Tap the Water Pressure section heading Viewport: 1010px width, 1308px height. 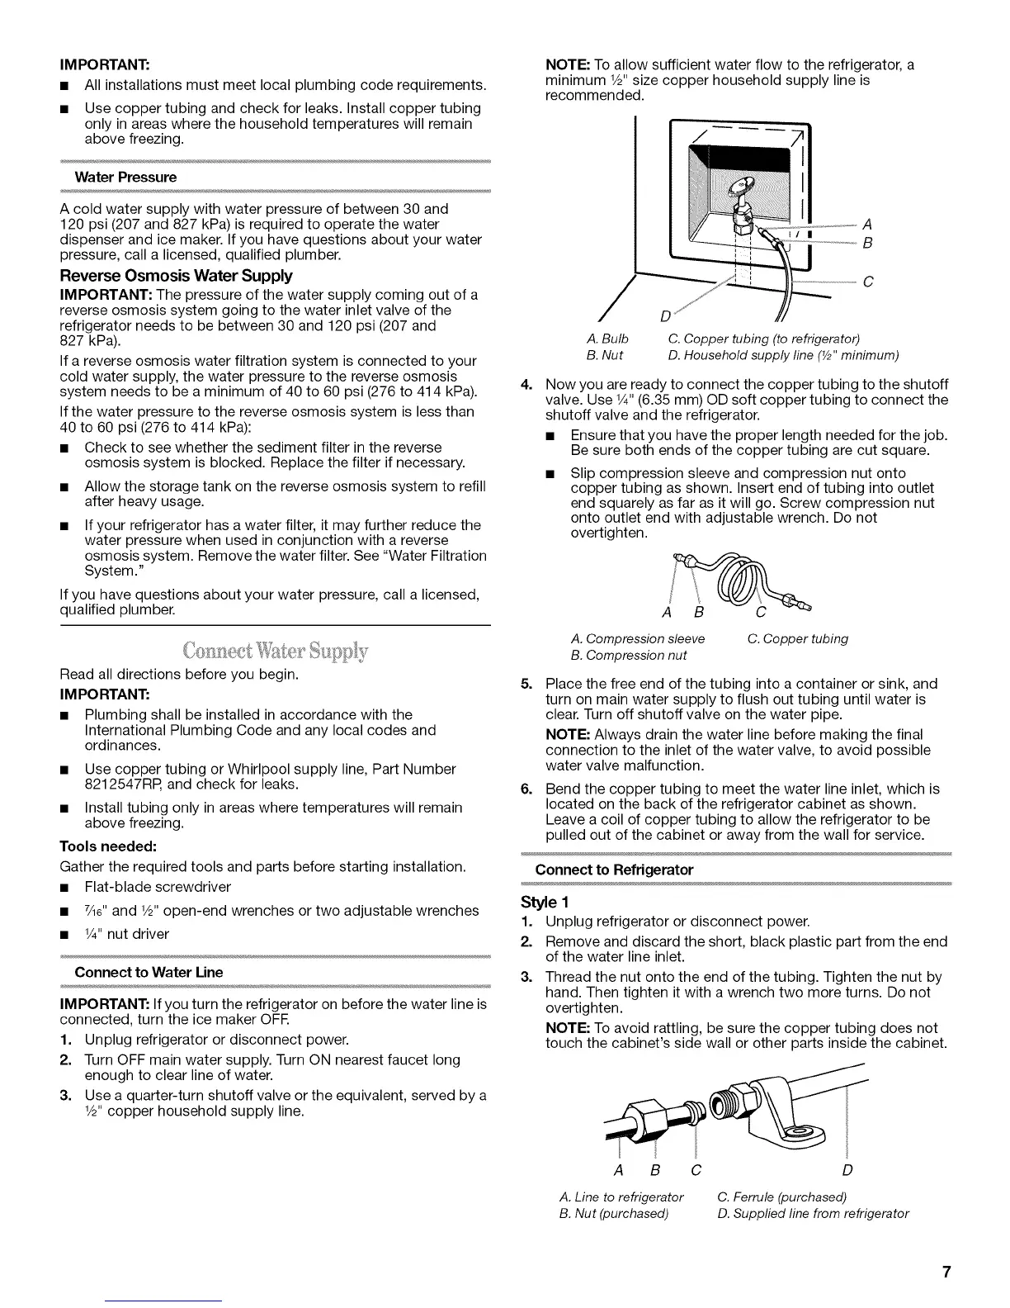125,178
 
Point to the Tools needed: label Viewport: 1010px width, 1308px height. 108,846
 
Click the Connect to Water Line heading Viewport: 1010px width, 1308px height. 149,972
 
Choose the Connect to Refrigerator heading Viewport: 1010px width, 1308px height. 614,870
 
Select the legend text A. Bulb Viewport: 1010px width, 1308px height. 607,339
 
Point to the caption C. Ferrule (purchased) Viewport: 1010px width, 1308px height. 782,1197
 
